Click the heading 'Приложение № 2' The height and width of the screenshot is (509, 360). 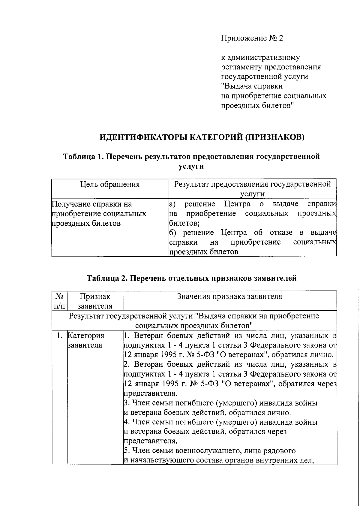point(252,38)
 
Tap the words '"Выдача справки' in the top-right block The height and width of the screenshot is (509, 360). point(252,86)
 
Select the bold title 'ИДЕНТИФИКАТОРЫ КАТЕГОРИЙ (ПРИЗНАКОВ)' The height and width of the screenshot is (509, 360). point(202,137)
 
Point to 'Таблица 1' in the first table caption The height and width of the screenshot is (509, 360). point(83,156)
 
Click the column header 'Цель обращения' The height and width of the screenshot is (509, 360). point(110,184)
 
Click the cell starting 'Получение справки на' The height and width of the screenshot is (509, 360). point(92,204)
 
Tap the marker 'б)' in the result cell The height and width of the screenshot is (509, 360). point(172,233)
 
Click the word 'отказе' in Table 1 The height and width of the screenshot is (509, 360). point(280,233)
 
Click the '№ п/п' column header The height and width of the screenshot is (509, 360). point(59,301)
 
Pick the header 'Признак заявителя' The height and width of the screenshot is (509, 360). point(95,301)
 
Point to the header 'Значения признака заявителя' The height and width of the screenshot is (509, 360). point(229,297)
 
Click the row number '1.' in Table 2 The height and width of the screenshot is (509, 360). point(60,336)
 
